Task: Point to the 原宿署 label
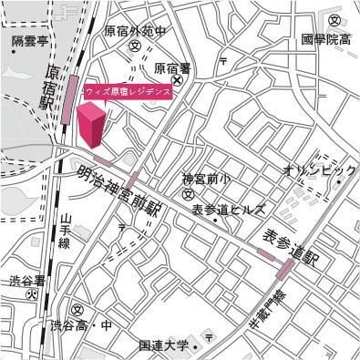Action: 171,67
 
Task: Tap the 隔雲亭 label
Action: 28,41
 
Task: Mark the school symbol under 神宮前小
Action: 187,194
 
